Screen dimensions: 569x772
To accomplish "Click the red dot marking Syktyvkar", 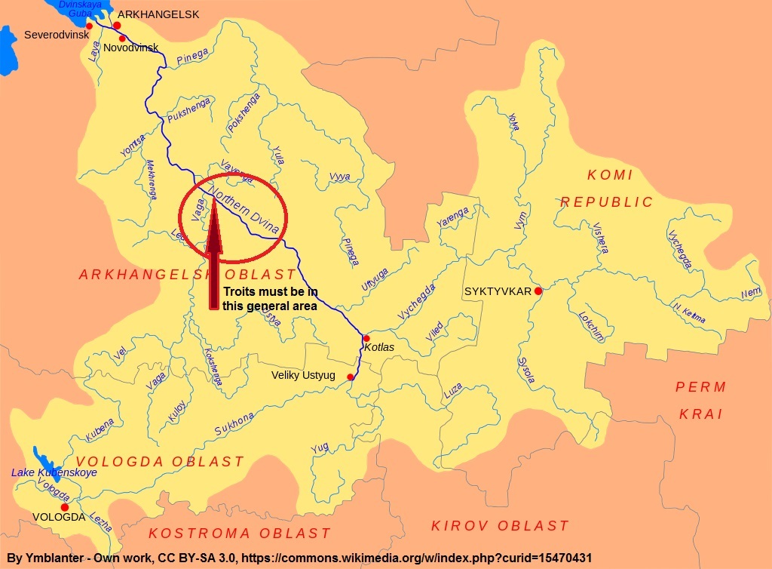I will coord(538,291).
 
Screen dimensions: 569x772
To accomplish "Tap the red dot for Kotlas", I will coord(366,338).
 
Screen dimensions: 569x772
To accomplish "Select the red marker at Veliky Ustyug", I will coord(351,377).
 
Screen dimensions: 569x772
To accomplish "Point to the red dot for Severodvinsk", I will coord(89,26).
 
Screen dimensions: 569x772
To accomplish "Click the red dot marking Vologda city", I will coord(65,507).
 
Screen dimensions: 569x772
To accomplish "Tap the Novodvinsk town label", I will coord(131,48).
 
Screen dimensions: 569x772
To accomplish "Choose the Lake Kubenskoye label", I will coord(54,472).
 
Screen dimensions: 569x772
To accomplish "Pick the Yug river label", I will coord(320,448).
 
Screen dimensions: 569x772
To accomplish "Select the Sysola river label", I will coord(525,370).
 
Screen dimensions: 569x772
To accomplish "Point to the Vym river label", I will coord(520,220).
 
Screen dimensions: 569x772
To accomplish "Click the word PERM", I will coord(700,387).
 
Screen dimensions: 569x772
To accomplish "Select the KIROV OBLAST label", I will coord(499,526).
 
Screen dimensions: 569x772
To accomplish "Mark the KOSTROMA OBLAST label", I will coord(239,534).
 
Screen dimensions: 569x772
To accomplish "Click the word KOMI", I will coord(610,175).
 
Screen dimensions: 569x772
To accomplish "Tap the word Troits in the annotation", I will coord(240,292).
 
